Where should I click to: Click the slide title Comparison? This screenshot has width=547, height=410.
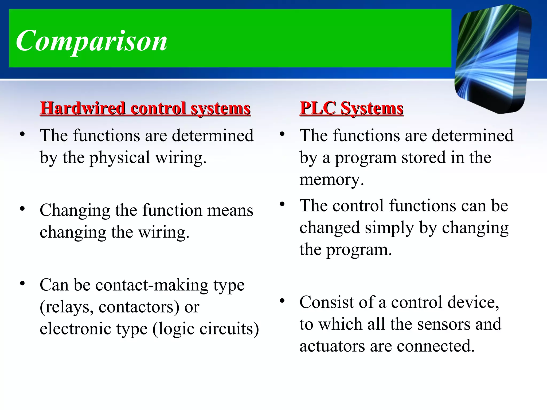pyautogui.click(x=92, y=41)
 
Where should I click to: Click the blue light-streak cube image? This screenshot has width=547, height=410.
pyautogui.click(x=493, y=59)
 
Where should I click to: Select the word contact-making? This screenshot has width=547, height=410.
pyautogui.click(x=152, y=285)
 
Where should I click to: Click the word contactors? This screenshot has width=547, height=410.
pyautogui.click(x=139, y=307)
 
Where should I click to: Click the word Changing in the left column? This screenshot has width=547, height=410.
pyautogui.click(x=75, y=210)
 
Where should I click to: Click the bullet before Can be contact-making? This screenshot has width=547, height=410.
pyautogui.click(x=22, y=283)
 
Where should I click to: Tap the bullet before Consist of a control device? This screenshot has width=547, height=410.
pyautogui.click(x=282, y=301)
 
